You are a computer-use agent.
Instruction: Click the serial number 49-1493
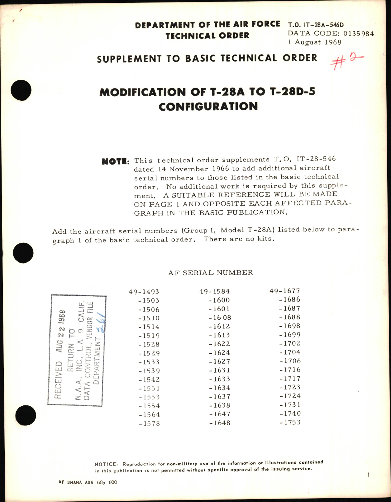point(144,292)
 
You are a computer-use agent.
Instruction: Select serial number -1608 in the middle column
point(220,318)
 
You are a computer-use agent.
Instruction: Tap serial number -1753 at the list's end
point(290,423)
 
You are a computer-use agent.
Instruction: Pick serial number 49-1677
point(285,291)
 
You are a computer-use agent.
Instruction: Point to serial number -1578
point(149,423)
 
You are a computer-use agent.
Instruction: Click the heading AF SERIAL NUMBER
point(211,273)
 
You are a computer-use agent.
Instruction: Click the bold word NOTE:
point(115,161)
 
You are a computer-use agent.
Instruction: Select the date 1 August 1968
point(315,42)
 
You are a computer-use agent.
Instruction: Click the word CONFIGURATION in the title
point(208,107)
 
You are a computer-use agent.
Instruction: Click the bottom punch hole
point(25,416)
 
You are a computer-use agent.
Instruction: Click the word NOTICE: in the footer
point(106,464)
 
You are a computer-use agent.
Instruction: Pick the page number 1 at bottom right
point(369,475)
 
